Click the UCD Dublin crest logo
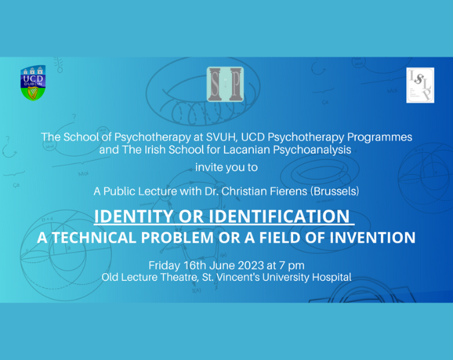tap(33, 83)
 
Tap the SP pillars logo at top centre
tap(225, 84)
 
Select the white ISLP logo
tap(420, 85)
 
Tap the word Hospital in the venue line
tap(330, 277)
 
